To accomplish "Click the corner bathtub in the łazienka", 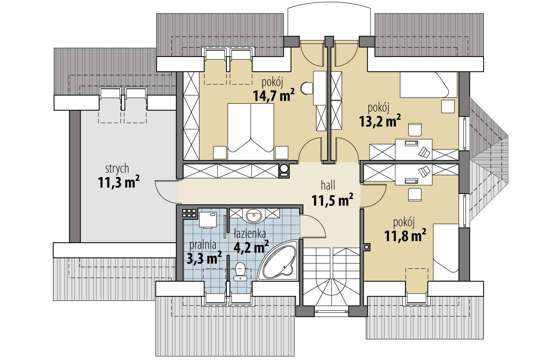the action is [279, 261].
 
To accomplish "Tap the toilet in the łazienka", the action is [240, 271].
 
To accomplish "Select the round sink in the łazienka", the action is [254, 216].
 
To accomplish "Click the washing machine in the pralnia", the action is [208, 220].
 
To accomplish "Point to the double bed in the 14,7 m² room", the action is [251, 132].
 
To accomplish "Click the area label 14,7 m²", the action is [274, 95].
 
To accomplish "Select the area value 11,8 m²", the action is [405, 236].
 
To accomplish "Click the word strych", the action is [117, 169].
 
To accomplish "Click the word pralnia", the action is [202, 245].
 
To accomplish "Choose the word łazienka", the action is [250, 234].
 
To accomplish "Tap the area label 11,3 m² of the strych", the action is [118, 182].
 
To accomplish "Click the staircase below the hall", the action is [332, 277].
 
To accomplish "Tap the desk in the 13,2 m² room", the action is [413, 149].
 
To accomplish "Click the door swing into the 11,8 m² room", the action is [374, 195].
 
